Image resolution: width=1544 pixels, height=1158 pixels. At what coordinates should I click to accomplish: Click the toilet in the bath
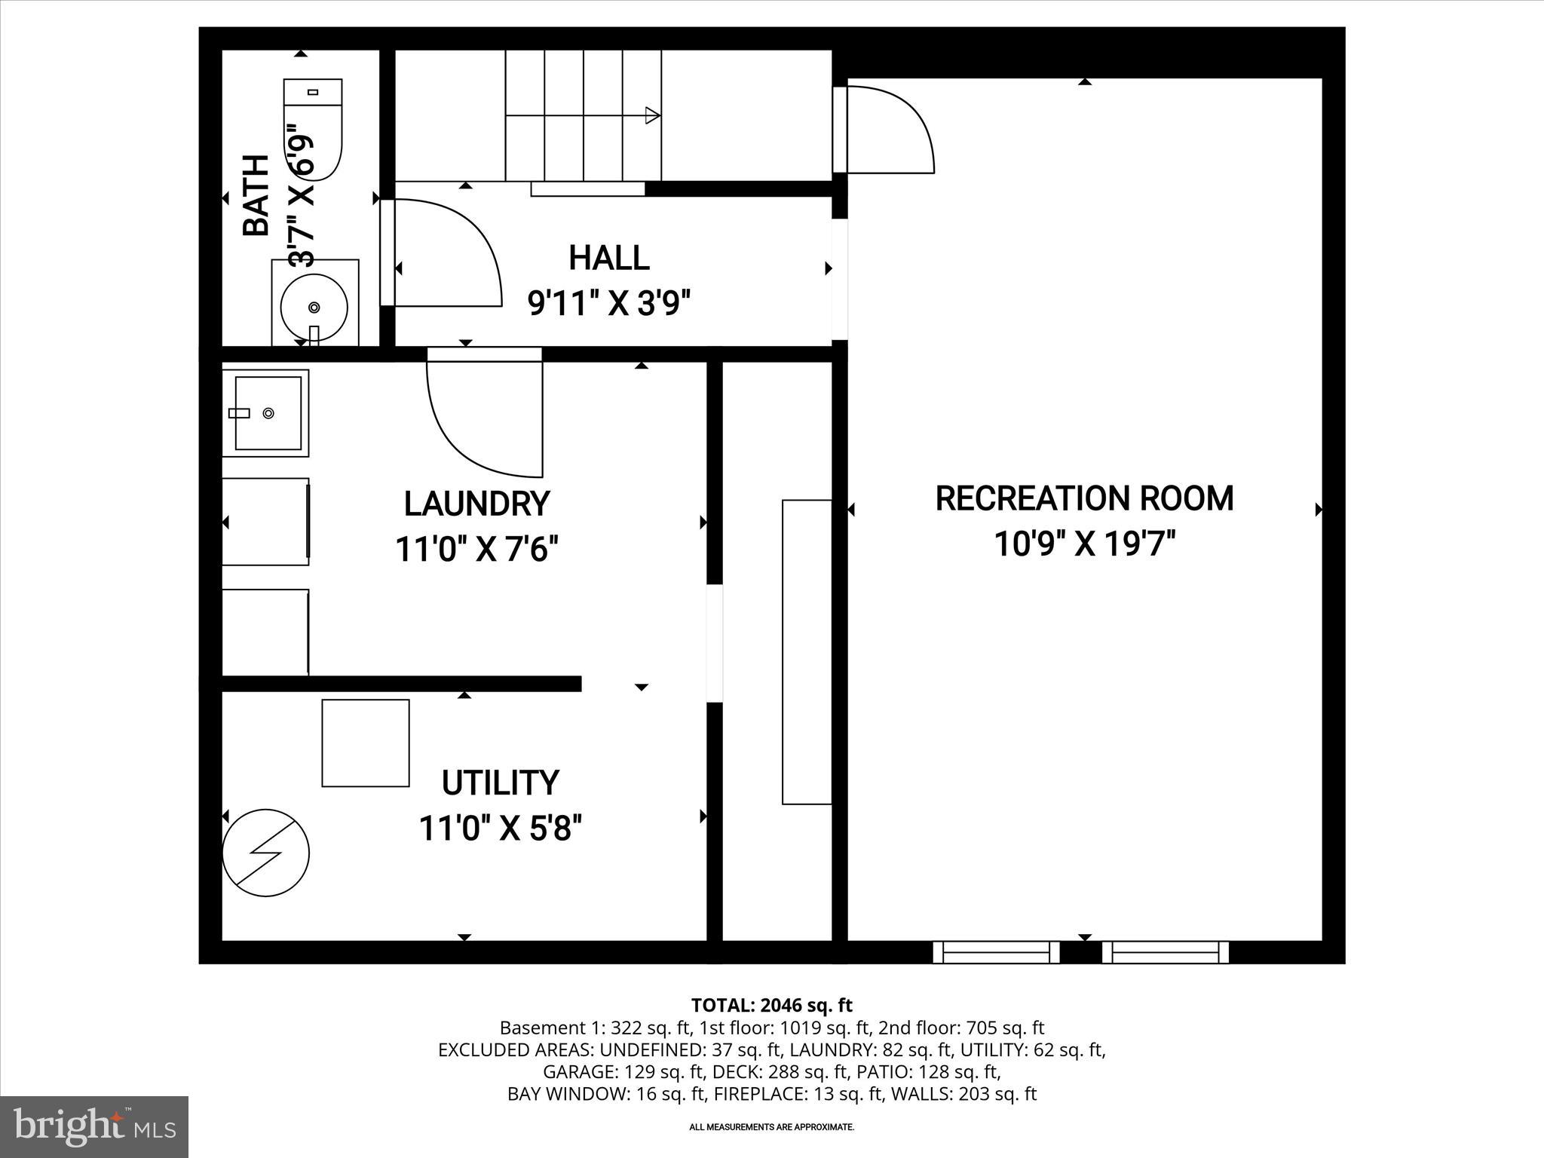click(x=313, y=130)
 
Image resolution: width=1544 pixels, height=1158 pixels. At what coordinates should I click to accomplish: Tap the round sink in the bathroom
click(x=314, y=307)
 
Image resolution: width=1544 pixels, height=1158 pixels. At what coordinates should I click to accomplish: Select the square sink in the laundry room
click(x=267, y=413)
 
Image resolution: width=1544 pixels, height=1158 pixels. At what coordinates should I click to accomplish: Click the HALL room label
click(x=608, y=258)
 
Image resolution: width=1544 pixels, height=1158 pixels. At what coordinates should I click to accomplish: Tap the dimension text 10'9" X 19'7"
click(x=1084, y=544)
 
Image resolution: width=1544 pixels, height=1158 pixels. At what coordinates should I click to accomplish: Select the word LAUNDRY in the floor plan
click(x=476, y=504)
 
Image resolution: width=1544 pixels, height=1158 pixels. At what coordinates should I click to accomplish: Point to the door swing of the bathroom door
click(x=445, y=253)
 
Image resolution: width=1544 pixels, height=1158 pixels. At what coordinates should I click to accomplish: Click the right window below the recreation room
click(x=1165, y=952)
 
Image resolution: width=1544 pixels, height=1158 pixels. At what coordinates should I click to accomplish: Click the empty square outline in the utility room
click(x=366, y=743)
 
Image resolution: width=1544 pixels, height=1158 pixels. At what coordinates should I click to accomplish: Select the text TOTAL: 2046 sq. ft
click(x=771, y=1005)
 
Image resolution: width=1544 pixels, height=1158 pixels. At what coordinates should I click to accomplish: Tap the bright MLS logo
click(x=94, y=1126)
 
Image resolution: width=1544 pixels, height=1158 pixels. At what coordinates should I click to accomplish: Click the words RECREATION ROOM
click(x=1084, y=498)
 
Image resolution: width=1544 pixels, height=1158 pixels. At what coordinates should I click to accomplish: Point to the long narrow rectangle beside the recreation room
click(x=807, y=651)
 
